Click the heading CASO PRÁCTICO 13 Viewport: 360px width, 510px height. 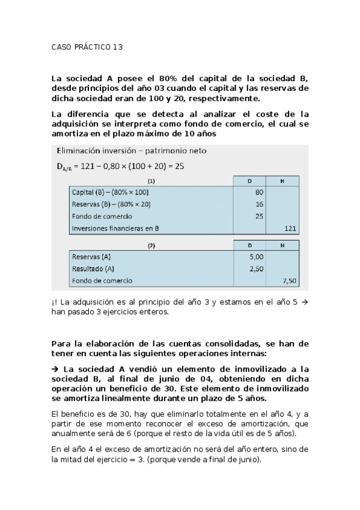pyautogui.click(x=87, y=47)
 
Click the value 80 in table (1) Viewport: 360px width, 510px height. pyautogui.click(x=259, y=192)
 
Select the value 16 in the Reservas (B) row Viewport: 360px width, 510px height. pyautogui.click(x=259, y=204)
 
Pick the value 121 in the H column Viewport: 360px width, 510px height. pyautogui.click(x=290, y=229)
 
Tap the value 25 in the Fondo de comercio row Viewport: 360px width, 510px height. pyautogui.click(x=259, y=216)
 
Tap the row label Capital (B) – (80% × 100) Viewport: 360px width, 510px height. pyautogui.click(x=110, y=192)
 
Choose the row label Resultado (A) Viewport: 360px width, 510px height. pyautogui.click(x=93, y=269)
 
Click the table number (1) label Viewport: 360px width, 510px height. pyautogui.click(x=151, y=180)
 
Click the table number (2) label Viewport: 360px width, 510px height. pyautogui.click(x=151, y=245)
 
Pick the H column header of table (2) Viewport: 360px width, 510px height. pyautogui.click(x=283, y=245)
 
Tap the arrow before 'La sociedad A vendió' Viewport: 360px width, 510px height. pyautogui.click(x=55, y=369)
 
